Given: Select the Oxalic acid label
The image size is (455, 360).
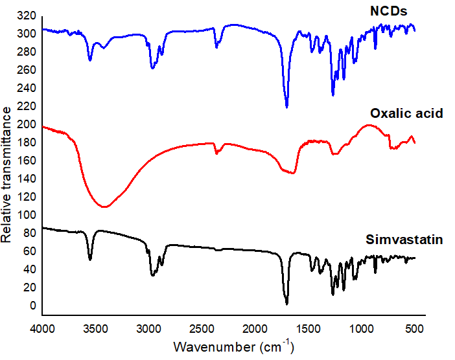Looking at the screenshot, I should click(402, 113).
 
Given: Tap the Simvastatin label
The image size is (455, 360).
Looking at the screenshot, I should click(404, 240).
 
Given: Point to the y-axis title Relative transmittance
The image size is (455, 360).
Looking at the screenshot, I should click(7, 174).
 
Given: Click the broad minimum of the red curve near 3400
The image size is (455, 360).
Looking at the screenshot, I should click(104, 207).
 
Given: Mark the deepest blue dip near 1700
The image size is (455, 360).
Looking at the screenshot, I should click(286, 107).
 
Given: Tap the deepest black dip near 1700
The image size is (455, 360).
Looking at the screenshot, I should click(286, 303).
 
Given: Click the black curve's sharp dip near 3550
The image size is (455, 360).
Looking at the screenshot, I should click(90, 260).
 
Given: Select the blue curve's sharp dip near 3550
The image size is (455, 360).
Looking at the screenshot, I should click(90, 60).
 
